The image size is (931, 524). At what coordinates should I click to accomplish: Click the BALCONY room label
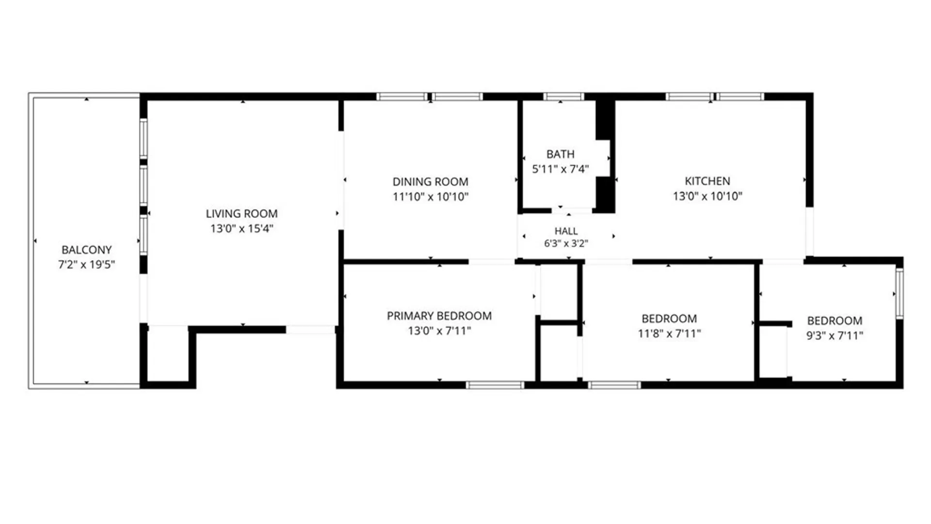86,250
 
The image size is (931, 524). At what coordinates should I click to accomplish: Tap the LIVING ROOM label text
241,213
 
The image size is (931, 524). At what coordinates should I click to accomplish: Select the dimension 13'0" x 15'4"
241,229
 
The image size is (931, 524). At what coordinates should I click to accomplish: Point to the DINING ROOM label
430,182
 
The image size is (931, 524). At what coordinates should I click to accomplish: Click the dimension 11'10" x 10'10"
430,196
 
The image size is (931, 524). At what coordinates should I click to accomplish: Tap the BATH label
560,154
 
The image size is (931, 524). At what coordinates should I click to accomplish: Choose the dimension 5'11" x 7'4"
560,169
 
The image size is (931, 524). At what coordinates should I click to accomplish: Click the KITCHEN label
707,181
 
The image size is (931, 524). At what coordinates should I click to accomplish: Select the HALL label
566,231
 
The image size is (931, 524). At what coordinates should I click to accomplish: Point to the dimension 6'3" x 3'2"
566,243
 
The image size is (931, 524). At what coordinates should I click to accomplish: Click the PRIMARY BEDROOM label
439,316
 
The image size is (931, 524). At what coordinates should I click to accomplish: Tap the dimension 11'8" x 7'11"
669,333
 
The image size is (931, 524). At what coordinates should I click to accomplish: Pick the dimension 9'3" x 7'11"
835,335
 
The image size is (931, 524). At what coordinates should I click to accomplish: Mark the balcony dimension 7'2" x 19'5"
86,264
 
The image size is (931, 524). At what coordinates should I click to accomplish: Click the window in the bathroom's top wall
563,97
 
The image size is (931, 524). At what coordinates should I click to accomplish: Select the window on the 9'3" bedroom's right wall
899,294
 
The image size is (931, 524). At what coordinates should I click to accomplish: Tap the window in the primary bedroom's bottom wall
495,385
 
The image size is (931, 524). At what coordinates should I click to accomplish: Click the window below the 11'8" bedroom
614,385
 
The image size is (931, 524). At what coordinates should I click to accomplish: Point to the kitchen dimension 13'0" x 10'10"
707,196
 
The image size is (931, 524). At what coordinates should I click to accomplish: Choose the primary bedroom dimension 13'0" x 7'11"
439,331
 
